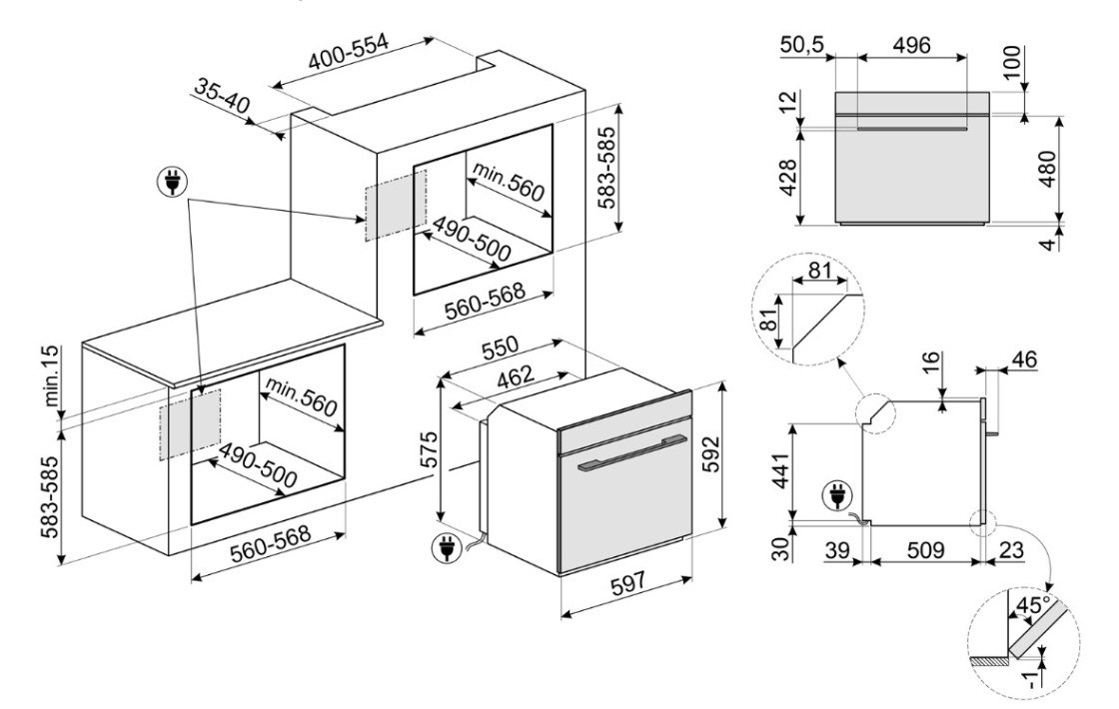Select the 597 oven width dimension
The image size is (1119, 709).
[628, 582]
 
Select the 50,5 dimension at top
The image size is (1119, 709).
[802, 45]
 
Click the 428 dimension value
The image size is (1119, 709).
[786, 179]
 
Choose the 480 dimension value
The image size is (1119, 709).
[1047, 169]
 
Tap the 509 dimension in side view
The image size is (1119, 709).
[925, 550]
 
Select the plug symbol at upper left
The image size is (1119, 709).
[172, 181]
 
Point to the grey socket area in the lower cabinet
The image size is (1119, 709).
[190, 423]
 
